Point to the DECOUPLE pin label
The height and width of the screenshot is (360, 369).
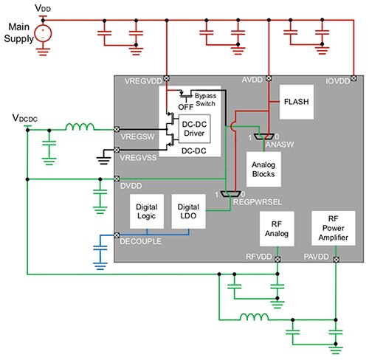click(142, 241)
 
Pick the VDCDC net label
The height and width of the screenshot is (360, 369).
click(26, 118)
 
